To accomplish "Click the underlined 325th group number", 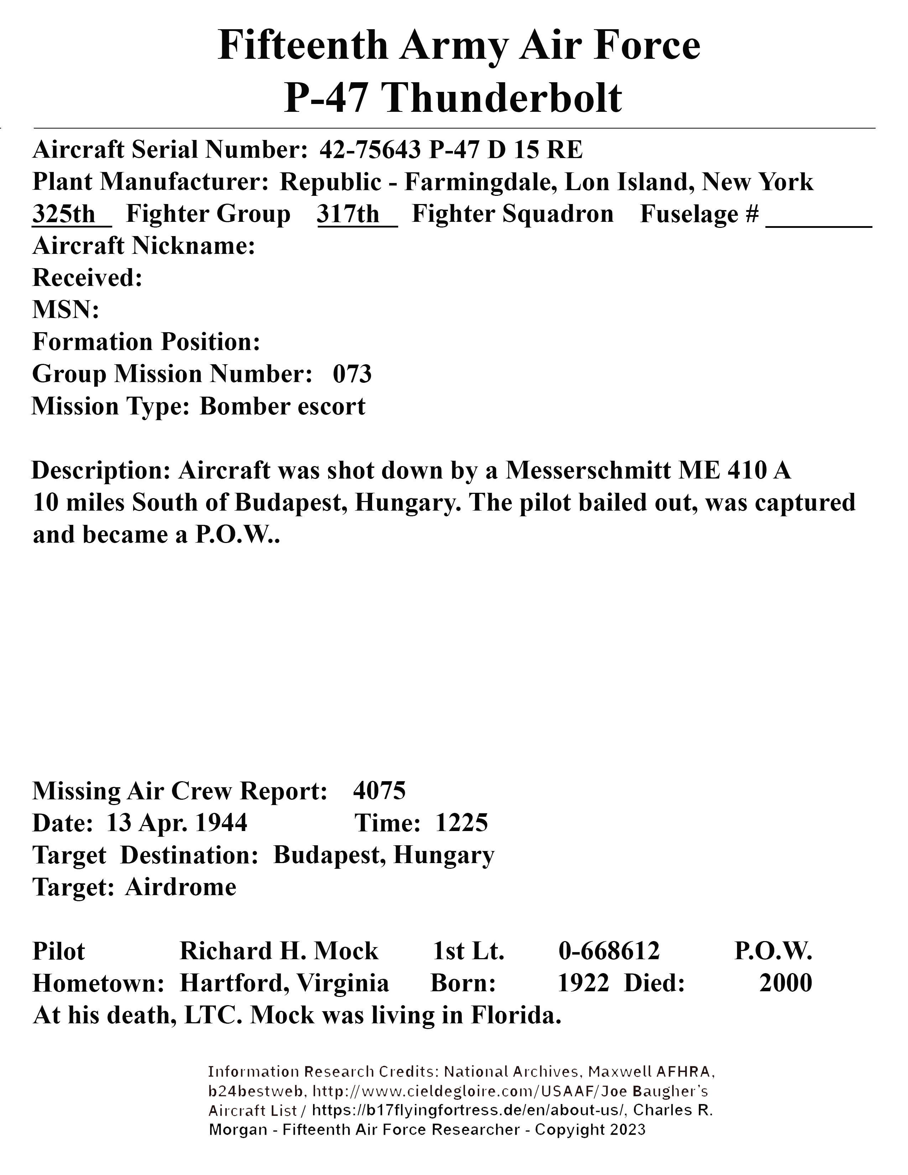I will [x=64, y=214].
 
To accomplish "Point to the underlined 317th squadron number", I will [x=349, y=214].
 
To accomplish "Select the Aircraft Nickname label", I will [x=143, y=246].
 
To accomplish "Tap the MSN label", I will [x=66, y=310].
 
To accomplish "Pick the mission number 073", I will [x=352, y=374].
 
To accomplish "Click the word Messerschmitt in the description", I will [x=588, y=470].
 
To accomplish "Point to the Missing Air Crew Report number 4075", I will [x=379, y=791].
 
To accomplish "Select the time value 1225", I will [x=461, y=822].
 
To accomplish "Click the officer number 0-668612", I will [x=609, y=951].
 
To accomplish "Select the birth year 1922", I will [x=583, y=983].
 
